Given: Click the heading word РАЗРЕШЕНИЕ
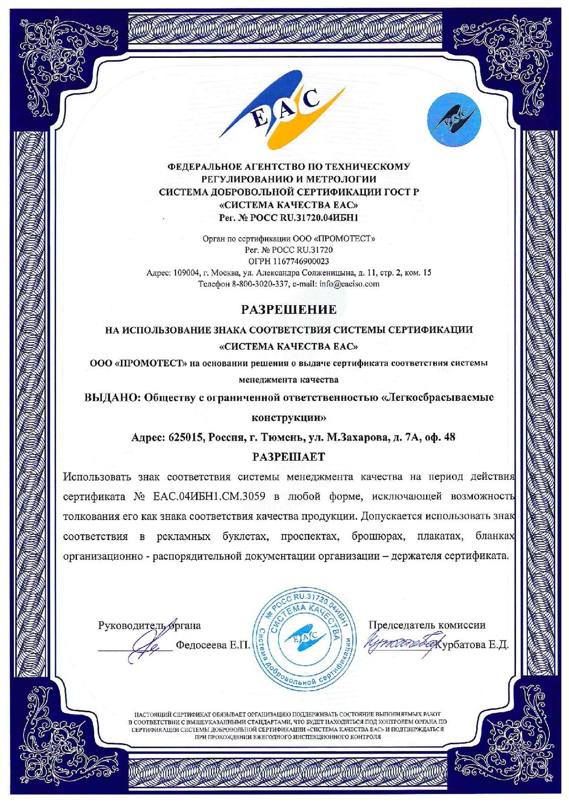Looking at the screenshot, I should point(288,310).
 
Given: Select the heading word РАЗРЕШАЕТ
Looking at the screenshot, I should point(288,457).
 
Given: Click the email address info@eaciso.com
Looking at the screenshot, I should point(349,284).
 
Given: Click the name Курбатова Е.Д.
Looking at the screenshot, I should point(474,645).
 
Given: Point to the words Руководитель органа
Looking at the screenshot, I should point(149,625).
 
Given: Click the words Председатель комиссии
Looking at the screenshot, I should point(427,625).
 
